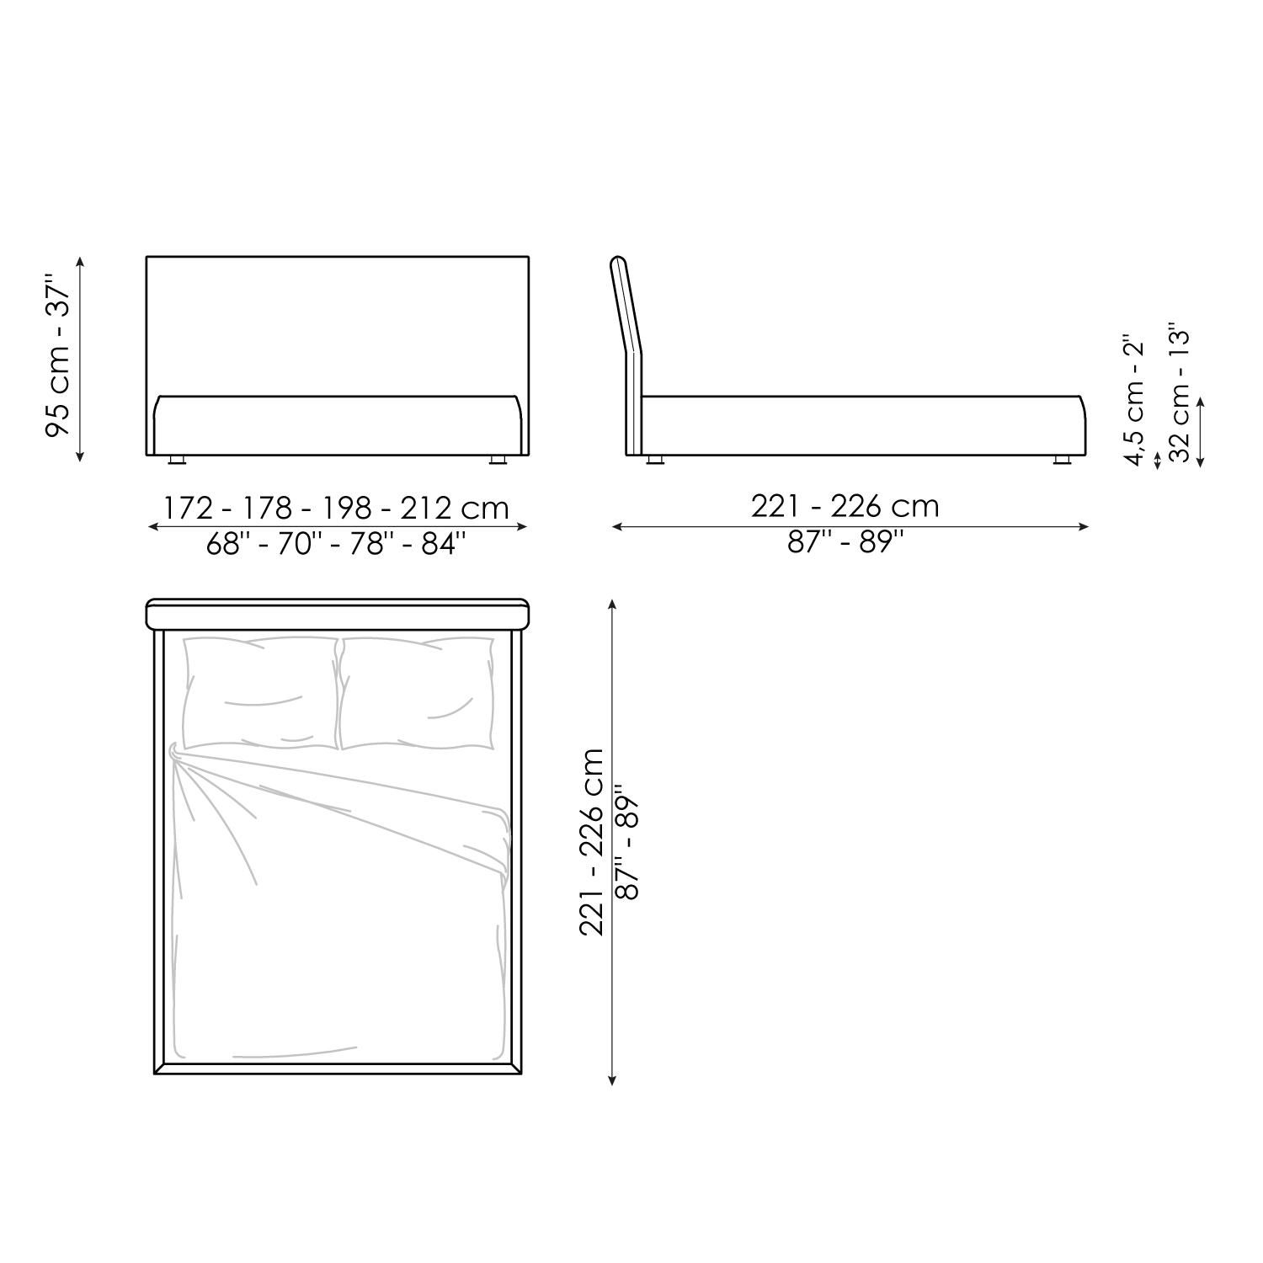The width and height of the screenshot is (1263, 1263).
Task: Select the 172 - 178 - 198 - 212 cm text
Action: click(337, 508)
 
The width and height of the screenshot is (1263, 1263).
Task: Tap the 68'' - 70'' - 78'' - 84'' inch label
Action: click(336, 544)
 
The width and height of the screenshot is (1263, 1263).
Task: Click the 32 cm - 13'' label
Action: click(1182, 392)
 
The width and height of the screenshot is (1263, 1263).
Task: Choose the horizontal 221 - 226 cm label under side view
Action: click(845, 506)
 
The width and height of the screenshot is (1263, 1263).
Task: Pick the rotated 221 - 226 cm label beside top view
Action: click(593, 842)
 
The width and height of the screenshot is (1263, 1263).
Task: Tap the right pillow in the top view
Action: click(416, 693)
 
